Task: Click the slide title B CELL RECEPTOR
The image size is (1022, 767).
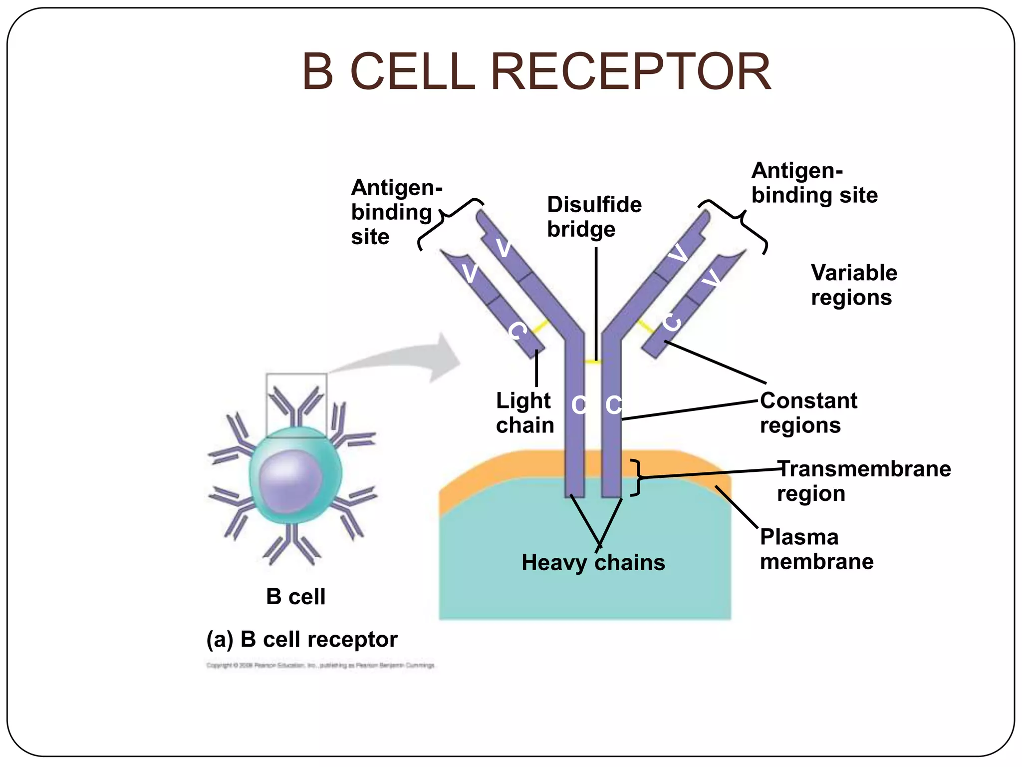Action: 536,72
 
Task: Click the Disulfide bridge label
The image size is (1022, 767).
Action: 594,217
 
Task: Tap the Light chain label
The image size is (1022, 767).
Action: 525,413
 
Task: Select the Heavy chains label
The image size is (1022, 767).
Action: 593,563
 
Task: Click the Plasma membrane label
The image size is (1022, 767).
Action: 816,549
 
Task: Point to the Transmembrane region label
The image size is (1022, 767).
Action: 863,481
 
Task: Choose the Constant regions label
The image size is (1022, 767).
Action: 808,413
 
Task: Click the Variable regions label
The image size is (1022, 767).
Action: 854,285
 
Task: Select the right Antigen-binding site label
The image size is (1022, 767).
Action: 814,183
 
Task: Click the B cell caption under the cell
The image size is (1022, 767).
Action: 295,597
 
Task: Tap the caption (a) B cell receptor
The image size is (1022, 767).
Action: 302,640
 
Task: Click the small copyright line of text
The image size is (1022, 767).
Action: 320,665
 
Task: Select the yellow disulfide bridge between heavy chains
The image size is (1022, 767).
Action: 593,362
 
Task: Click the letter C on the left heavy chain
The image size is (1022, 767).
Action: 579,405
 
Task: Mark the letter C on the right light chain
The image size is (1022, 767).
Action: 672,322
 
